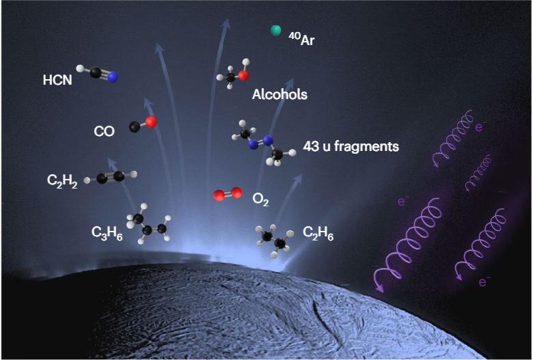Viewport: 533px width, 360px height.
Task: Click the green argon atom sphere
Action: [276, 30]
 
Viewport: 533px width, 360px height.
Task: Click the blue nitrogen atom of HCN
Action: [113, 78]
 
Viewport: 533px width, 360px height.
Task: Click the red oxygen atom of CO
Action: [151, 122]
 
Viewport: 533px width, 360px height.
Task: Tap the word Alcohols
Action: [279, 95]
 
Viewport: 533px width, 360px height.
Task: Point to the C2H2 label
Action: [62, 180]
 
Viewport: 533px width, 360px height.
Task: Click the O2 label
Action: [260, 199]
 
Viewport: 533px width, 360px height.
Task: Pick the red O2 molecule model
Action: [227, 195]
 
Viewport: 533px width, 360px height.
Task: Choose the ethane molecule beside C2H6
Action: [274, 240]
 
